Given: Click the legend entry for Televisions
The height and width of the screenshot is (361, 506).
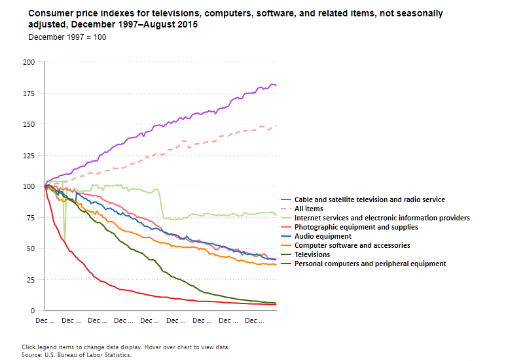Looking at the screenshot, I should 312,254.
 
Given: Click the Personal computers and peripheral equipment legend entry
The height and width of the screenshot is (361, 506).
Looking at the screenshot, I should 370,264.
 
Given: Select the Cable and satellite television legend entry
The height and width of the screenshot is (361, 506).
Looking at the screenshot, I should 369,199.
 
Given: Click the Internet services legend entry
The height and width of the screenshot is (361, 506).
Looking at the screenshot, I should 382,218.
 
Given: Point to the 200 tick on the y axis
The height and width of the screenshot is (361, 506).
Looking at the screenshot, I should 29,62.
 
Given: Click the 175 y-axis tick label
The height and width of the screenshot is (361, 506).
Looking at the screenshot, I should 29,94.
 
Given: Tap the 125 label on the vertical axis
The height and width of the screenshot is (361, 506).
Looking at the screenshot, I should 29,155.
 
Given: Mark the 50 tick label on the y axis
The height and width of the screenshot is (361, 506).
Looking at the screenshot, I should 31,249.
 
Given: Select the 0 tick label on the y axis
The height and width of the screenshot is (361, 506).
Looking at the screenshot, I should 33,311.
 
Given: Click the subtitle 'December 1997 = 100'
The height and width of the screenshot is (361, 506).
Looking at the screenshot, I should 67,37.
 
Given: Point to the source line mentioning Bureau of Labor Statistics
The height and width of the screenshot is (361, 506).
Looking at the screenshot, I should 77,354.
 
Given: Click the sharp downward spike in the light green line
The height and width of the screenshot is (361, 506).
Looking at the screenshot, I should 64,238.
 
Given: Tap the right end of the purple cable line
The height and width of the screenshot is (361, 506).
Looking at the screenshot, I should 276,85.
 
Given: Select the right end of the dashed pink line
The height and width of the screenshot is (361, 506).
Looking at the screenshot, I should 276,126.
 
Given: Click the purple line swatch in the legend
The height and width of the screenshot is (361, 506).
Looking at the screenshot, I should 285,199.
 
